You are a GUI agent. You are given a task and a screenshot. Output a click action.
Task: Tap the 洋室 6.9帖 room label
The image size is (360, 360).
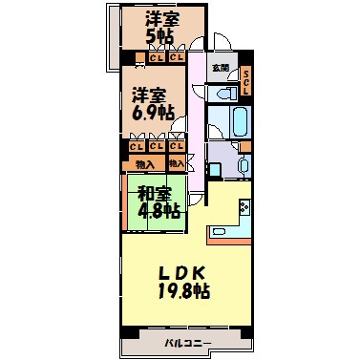[x=153, y=102]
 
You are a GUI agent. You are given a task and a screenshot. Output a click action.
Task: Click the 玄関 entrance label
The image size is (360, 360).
[x=220, y=69]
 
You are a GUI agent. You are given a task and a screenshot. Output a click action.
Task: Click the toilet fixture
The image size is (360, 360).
[x=226, y=94]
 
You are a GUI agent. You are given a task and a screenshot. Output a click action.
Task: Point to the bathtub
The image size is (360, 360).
[x=234, y=121]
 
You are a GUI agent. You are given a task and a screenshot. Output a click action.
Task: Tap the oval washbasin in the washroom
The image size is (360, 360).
[x=244, y=164]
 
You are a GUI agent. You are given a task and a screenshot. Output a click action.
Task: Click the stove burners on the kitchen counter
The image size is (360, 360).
[x=244, y=207]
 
